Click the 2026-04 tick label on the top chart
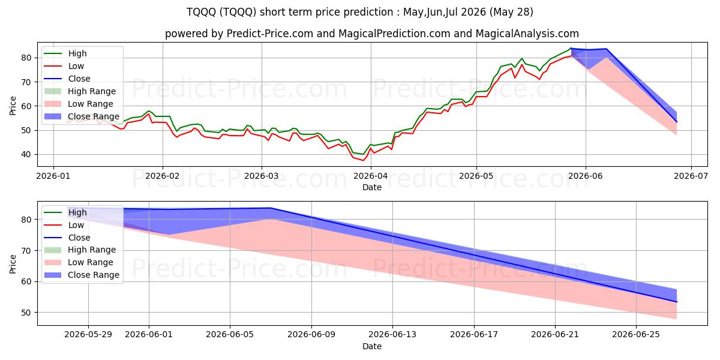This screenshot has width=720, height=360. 371,176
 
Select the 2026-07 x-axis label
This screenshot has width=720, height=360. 691,176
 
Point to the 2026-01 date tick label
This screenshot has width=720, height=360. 53,176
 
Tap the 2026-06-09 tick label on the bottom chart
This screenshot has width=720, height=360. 311,335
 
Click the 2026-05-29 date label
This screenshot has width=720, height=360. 88,335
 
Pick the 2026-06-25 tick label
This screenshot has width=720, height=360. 636,335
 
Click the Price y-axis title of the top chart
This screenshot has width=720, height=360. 13,106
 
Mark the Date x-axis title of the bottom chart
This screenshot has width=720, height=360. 372,346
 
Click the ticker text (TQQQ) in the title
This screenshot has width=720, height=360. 238,12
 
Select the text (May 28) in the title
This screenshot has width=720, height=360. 511,12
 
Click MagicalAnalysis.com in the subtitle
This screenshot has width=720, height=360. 527,34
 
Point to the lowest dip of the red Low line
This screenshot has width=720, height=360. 363,160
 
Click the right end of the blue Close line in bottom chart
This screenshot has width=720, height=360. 677,302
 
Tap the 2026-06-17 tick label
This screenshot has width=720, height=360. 474,335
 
